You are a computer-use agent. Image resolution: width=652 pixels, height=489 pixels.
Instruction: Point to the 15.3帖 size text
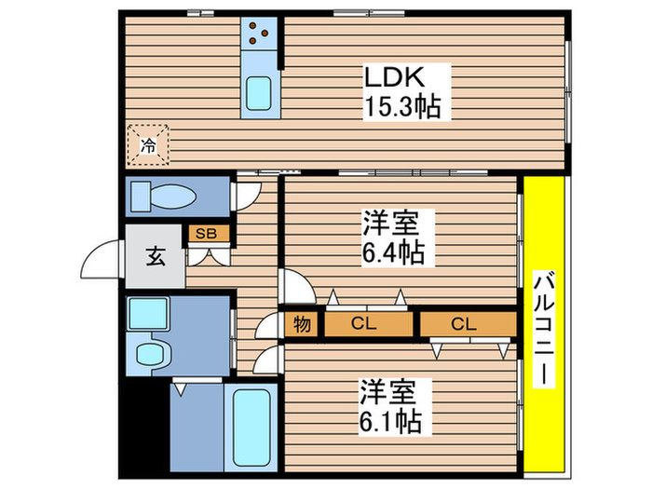coord(401,106)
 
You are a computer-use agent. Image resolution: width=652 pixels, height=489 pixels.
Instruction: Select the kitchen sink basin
coord(258,94)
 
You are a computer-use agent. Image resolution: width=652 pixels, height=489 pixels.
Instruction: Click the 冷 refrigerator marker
coord(148,144)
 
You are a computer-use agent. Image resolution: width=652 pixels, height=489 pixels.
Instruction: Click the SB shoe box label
coord(205,234)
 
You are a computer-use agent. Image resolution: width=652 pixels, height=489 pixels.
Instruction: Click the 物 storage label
coord(302,324)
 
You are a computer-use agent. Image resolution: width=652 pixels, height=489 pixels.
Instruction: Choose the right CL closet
coord(467,324)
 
